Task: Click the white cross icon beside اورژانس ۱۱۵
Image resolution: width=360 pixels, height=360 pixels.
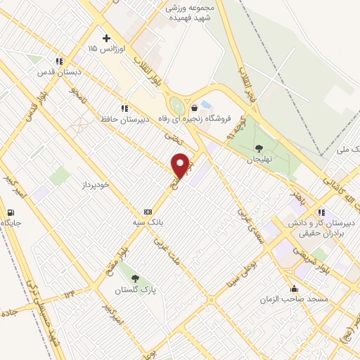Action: click(x=106, y=37)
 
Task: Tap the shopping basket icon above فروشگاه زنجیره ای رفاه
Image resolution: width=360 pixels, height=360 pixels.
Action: click(x=194, y=107)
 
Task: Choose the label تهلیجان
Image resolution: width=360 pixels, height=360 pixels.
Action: click(x=259, y=160)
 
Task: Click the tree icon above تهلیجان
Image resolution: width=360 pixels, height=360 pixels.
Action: click(x=259, y=148)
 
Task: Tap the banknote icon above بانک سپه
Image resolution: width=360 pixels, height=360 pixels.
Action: click(x=148, y=211)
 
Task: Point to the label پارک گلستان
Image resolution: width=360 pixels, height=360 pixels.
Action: click(x=134, y=289)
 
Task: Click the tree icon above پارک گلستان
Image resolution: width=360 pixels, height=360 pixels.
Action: click(x=134, y=278)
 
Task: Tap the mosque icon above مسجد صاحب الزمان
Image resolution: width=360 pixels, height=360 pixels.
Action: click(x=294, y=288)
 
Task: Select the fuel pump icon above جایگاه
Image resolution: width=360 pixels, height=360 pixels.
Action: click(x=11, y=212)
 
